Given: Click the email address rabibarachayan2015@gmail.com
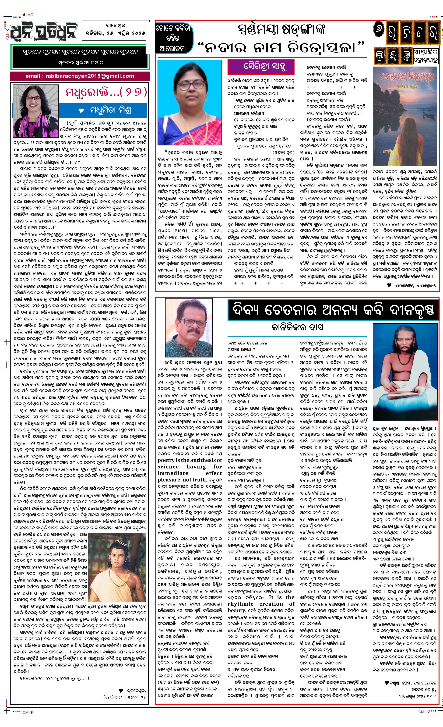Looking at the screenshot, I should [x=80, y=76].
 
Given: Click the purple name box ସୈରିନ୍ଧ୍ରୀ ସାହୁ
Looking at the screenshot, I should [x=261, y=67].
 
